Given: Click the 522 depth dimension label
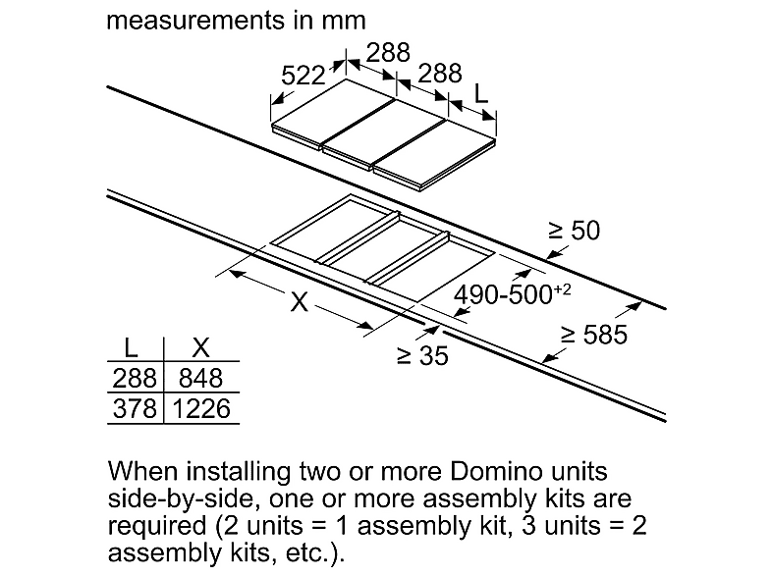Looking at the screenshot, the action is click(303, 76).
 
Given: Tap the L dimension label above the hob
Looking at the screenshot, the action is click(480, 93).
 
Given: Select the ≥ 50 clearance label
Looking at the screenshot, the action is click(575, 231).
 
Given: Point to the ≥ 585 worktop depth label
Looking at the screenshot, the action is click(594, 335).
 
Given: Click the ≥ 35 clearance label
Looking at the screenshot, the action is click(422, 355).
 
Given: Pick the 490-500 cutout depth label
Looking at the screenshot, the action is click(512, 294).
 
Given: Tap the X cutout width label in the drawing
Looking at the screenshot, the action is click(299, 301).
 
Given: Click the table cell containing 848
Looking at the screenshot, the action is click(201, 378).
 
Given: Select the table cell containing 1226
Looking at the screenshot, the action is click(202, 409).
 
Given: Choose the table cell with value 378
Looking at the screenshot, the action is click(135, 409).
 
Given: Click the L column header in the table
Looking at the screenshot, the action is click(131, 347).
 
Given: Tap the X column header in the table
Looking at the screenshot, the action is click(201, 347).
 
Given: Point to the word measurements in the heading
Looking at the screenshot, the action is click(195, 21).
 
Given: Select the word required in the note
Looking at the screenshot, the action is click(157, 526).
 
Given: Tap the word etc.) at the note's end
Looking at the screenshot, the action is click(315, 552).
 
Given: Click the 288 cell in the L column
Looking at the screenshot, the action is click(135, 378).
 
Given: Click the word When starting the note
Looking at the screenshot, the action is click(142, 471).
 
